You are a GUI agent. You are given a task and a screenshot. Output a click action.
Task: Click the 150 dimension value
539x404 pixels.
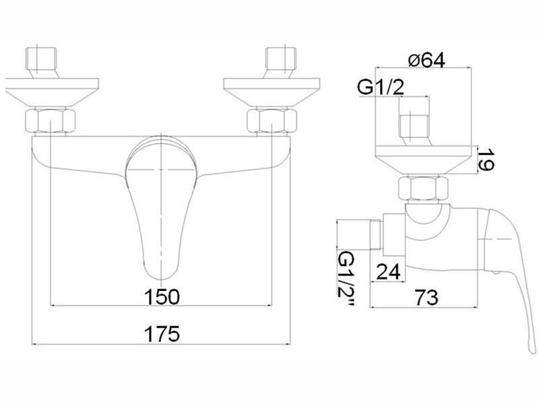coord(162,296)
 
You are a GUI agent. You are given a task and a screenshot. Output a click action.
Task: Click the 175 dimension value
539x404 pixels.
coord(162,333)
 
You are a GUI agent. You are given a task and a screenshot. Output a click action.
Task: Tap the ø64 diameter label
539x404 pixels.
coord(426,61)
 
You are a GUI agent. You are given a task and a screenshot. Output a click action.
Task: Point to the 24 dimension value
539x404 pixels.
coord(389,272)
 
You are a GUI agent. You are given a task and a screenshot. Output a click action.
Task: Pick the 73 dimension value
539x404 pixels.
coord(426,298)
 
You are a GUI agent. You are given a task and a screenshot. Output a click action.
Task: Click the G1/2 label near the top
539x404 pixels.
coord(381,88)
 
